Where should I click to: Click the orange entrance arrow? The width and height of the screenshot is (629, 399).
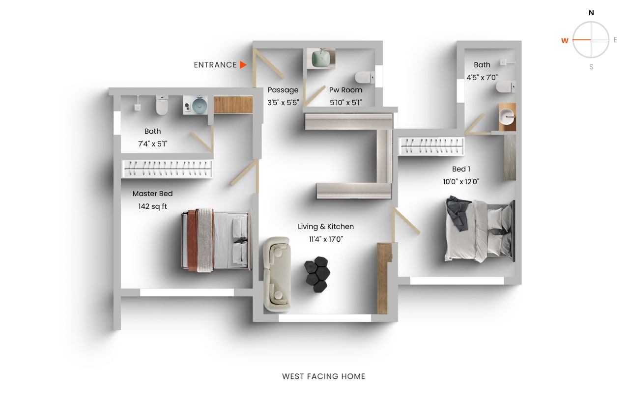pyautogui.click(x=243, y=64)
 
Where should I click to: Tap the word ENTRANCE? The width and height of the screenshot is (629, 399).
pyautogui.click(x=215, y=65)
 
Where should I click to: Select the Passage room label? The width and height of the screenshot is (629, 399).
pyautogui.click(x=283, y=90)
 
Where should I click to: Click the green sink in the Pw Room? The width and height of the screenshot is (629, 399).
pyautogui.click(x=322, y=59)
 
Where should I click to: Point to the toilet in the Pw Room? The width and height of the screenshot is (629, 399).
pyautogui.click(x=364, y=77)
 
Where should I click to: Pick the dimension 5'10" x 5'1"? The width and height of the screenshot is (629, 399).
pyautogui.click(x=345, y=103)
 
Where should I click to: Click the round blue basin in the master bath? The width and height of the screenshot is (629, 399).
pyautogui.click(x=200, y=105)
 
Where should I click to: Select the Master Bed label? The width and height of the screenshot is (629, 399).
pyautogui.click(x=152, y=194)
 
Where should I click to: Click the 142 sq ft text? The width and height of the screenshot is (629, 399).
pyautogui.click(x=152, y=206)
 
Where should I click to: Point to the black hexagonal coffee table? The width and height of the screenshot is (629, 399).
pyautogui.click(x=316, y=275)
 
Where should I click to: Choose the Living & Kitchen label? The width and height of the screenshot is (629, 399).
pyautogui.click(x=326, y=227)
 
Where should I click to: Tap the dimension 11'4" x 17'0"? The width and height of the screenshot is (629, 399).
pyautogui.click(x=326, y=239)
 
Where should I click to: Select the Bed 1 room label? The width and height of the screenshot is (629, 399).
pyautogui.click(x=461, y=169)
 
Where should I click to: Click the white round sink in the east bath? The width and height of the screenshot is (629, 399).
pyautogui.click(x=506, y=117)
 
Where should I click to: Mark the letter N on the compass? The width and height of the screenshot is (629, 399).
pyautogui.click(x=591, y=13)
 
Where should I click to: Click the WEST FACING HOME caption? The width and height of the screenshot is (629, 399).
pyautogui.click(x=324, y=376)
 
